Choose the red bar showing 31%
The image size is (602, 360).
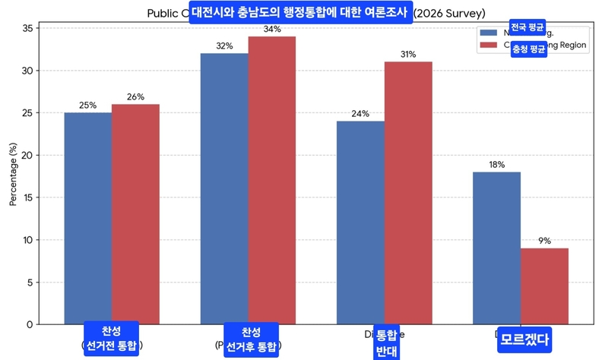click(408, 193)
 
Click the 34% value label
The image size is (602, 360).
click(272, 30)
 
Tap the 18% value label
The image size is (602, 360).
click(496, 165)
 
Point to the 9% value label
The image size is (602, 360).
click(544, 241)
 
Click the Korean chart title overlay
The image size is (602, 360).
click(300, 12)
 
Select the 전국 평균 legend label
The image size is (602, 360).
click(528, 28)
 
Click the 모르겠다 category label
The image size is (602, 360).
click(524, 339)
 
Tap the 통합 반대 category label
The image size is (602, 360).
click(387, 342)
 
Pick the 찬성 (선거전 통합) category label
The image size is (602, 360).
click(112, 339)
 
